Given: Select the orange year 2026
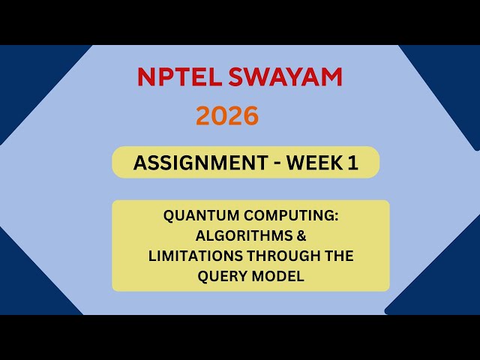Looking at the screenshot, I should (227, 115).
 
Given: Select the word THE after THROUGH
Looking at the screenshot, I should (340, 256).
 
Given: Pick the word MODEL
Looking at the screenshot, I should (277, 276).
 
